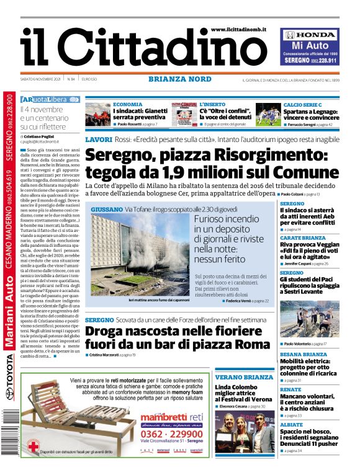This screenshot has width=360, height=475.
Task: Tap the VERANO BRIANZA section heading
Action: tap(244, 377)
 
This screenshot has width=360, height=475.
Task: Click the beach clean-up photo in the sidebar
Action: tap(308, 319)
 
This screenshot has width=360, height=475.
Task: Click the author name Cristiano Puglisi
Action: tap(45, 136)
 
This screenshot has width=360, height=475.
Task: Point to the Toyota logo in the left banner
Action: tap(10, 394)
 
